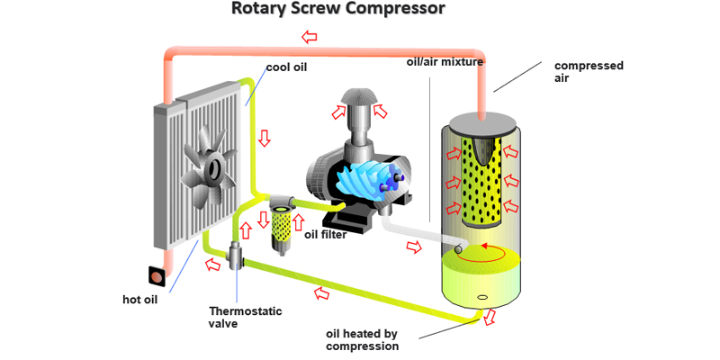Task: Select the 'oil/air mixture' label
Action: click(445, 62)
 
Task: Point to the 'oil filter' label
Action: click(325, 236)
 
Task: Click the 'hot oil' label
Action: click(139, 300)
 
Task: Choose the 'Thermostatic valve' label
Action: click(245, 317)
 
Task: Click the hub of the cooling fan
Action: click(214, 168)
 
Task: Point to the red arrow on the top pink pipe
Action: click(310, 37)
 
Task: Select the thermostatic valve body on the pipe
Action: click(237, 256)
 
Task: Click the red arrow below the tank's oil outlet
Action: click(490, 319)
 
